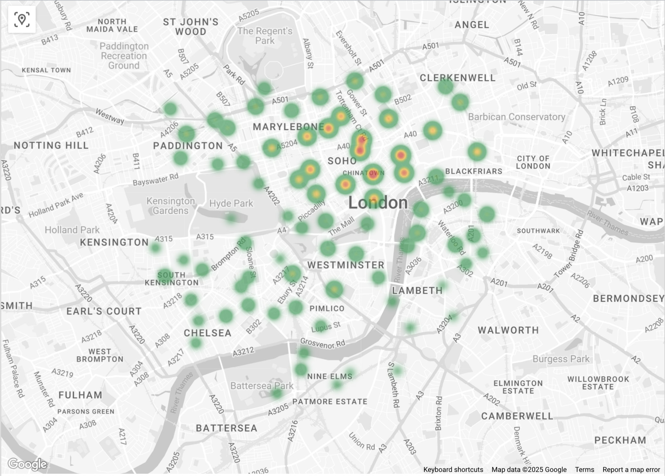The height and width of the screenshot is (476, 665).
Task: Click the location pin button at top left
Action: click(22, 19)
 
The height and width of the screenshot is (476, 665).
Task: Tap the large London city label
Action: click(378, 203)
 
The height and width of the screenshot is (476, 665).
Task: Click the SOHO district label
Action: click(342, 161)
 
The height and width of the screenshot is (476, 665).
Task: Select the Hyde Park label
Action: click(231, 203)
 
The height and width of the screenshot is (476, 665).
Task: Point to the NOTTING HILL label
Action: click(51, 145)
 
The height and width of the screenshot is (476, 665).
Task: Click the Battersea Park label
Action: click(262, 386)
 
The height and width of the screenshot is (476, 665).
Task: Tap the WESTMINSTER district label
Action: click(346, 265)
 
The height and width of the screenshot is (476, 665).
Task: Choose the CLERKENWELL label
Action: click(458, 78)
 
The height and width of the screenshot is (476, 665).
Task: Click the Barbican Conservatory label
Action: click(517, 117)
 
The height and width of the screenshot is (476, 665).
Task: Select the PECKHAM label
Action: click(620, 440)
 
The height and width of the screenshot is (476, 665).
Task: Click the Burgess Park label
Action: click(561, 359)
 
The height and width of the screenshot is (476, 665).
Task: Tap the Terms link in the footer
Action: click(584, 470)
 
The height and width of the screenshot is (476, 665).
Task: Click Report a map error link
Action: click(631, 470)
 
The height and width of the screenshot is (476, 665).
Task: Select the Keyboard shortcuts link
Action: click(453, 470)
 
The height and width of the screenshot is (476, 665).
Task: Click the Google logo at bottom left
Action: click(27, 464)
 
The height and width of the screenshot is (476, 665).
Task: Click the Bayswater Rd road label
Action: click(156, 179)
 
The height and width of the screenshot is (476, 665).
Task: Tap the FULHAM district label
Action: click(80, 395)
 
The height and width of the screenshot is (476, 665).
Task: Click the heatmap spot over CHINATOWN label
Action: click(373, 173)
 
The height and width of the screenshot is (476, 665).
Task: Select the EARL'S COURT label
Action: click(104, 311)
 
